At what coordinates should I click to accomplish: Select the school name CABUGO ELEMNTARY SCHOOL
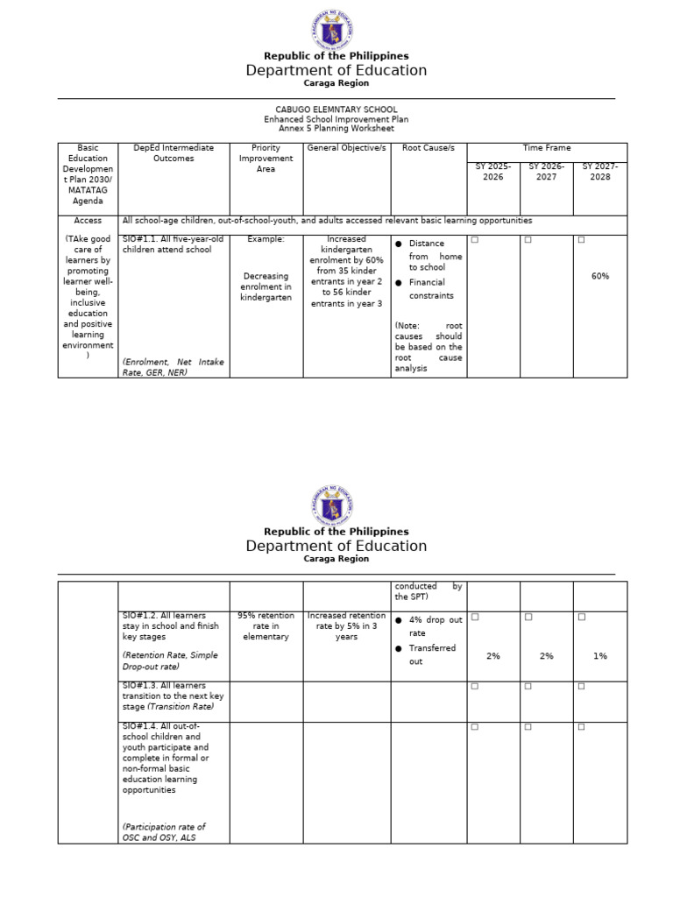pos(336,109)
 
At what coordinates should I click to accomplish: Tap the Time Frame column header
pos(547,148)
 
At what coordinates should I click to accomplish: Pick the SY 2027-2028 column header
pos(600,172)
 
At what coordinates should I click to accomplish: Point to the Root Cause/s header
pos(429,148)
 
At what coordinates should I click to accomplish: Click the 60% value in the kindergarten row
pos(600,276)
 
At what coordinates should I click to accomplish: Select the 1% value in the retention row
pos(600,656)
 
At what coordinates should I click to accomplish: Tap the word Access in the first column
pos(88,221)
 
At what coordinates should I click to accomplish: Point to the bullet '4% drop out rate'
pos(435,626)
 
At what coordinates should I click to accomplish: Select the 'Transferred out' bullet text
pos(432,654)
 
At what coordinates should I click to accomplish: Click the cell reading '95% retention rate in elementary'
pos(266,626)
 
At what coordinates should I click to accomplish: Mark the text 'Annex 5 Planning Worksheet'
pos(336,129)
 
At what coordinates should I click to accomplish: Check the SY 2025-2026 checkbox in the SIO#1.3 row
pos(475,686)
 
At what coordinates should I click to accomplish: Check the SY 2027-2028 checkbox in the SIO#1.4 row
pos(582,727)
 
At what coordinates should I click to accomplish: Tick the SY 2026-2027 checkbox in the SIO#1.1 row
pos(528,240)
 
